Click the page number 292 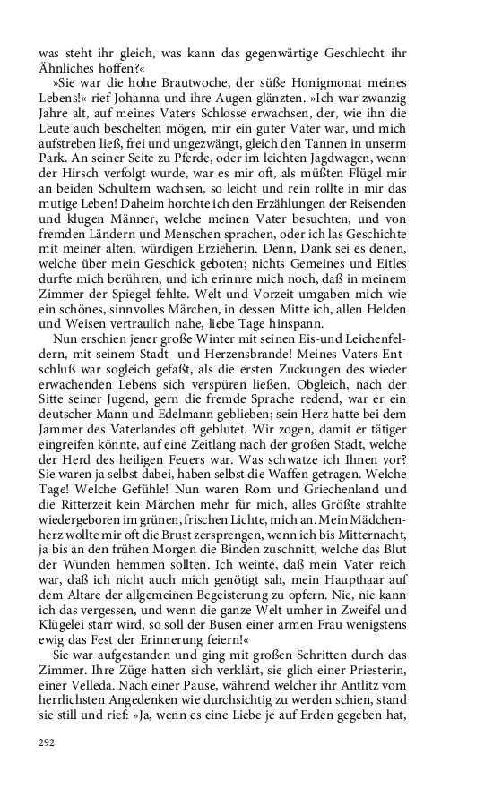(x=48, y=741)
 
